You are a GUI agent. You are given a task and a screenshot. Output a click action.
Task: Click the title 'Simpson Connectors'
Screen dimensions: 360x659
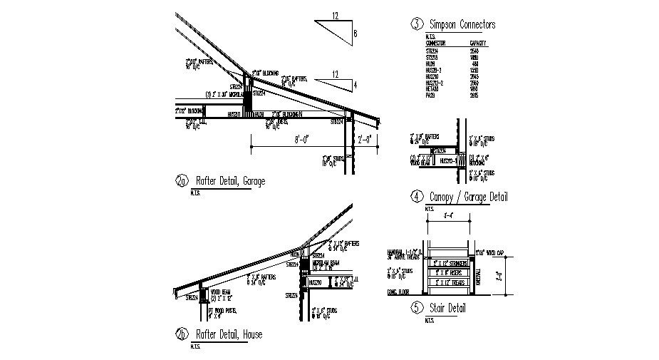point(462,25)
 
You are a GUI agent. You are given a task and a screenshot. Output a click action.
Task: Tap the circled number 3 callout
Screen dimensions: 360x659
point(415,25)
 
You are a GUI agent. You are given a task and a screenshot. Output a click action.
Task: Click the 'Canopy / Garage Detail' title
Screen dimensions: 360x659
point(468,197)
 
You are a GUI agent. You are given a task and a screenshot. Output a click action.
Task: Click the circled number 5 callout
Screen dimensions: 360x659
point(415,309)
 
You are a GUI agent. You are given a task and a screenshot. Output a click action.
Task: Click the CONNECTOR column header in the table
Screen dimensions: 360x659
point(435,43)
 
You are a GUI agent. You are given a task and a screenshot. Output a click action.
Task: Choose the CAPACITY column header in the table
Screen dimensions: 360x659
point(479,43)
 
